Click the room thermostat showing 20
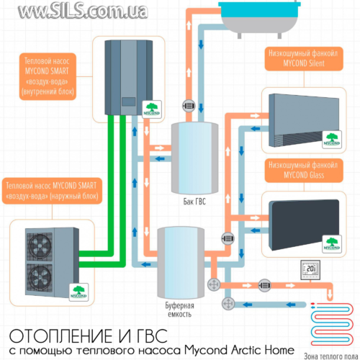pyautogui.click(x=310, y=271)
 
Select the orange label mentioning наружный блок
pyautogui.click(x=53, y=190)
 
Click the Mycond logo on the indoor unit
pyautogui.click(x=148, y=108)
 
